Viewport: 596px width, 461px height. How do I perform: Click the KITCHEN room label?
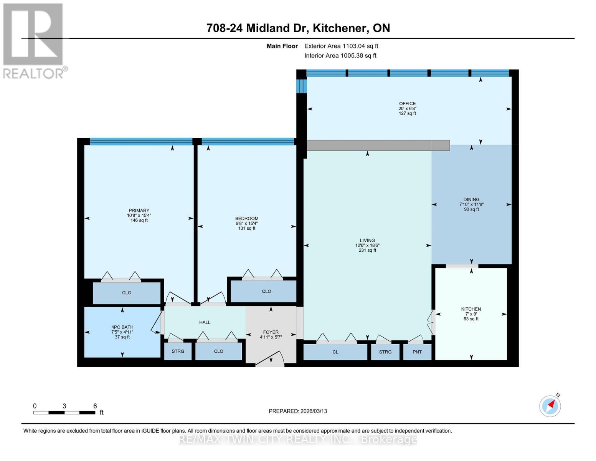[x=471, y=309]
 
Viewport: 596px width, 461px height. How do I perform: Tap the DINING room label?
[x=471, y=199]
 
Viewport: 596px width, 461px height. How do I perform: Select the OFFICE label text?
[x=407, y=104]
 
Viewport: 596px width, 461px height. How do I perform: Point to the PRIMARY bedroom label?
[x=139, y=211]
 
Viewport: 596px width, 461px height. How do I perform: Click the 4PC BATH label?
[x=122, y=327]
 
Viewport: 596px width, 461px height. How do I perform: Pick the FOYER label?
[x=271, y=332]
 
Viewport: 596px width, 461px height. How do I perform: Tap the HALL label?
[x=205, y=322]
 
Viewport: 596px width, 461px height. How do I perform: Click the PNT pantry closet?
[x=417, y=352]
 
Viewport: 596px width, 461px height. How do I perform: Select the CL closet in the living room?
[x=335, y=352]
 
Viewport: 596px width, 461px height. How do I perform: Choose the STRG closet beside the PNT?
[x=385, y=352]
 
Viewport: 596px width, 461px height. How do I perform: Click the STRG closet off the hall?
[x=178, y=351]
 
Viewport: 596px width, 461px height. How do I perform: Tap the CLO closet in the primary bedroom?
[x=127, y=293]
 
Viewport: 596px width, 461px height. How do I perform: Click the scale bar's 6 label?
[x=95, y=406]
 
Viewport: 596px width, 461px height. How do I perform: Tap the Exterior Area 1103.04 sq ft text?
[x=341, y=46]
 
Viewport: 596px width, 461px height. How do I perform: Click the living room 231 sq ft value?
[x=367, y=250]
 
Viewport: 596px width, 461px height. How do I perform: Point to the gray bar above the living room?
[x=378, y=145]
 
